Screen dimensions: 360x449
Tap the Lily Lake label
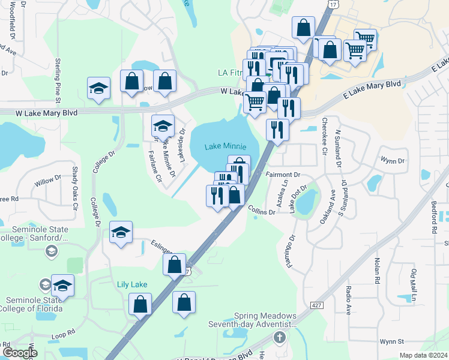[x=132, y=285]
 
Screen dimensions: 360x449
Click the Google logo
[x=20, y=353]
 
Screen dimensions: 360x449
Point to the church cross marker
[x=279, y=337]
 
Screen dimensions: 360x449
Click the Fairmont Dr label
[x=283, y=175]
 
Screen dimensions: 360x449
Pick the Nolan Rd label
[x=378, y=271]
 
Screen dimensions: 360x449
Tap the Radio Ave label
[x=349, y=300]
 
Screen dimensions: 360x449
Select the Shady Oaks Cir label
[x=76, y=188]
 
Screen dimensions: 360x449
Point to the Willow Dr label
[x=47, y=179]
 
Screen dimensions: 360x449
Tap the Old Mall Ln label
[x=414, y=285]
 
